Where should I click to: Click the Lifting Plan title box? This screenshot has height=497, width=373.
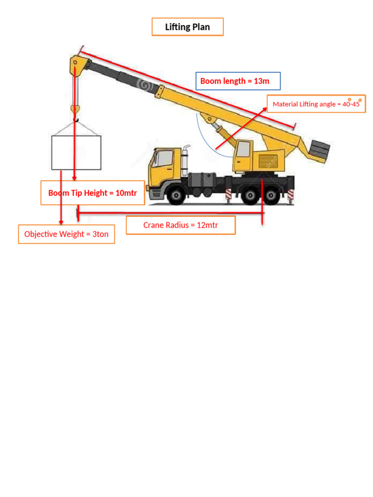click(x=187, y=27)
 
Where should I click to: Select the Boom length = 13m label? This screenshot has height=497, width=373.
click(x=238, y=81)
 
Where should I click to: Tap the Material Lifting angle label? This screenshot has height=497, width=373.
click(x=316, y=104)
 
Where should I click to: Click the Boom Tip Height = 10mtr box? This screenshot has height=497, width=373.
click(x=93, y=193)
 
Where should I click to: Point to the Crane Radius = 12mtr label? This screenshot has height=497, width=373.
click(x=181, y=225)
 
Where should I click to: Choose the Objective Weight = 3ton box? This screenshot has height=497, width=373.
click(x=67, y=234)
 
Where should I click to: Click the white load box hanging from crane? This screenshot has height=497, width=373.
click(x=76, y=152)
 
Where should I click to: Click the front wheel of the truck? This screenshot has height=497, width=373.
click(x=176, y=195)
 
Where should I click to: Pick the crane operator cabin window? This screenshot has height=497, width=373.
click(x=242, y=149)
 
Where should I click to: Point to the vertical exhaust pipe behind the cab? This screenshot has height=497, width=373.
click(x=185, y=158)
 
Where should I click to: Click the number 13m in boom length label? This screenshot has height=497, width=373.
click(x=261, y=81)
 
